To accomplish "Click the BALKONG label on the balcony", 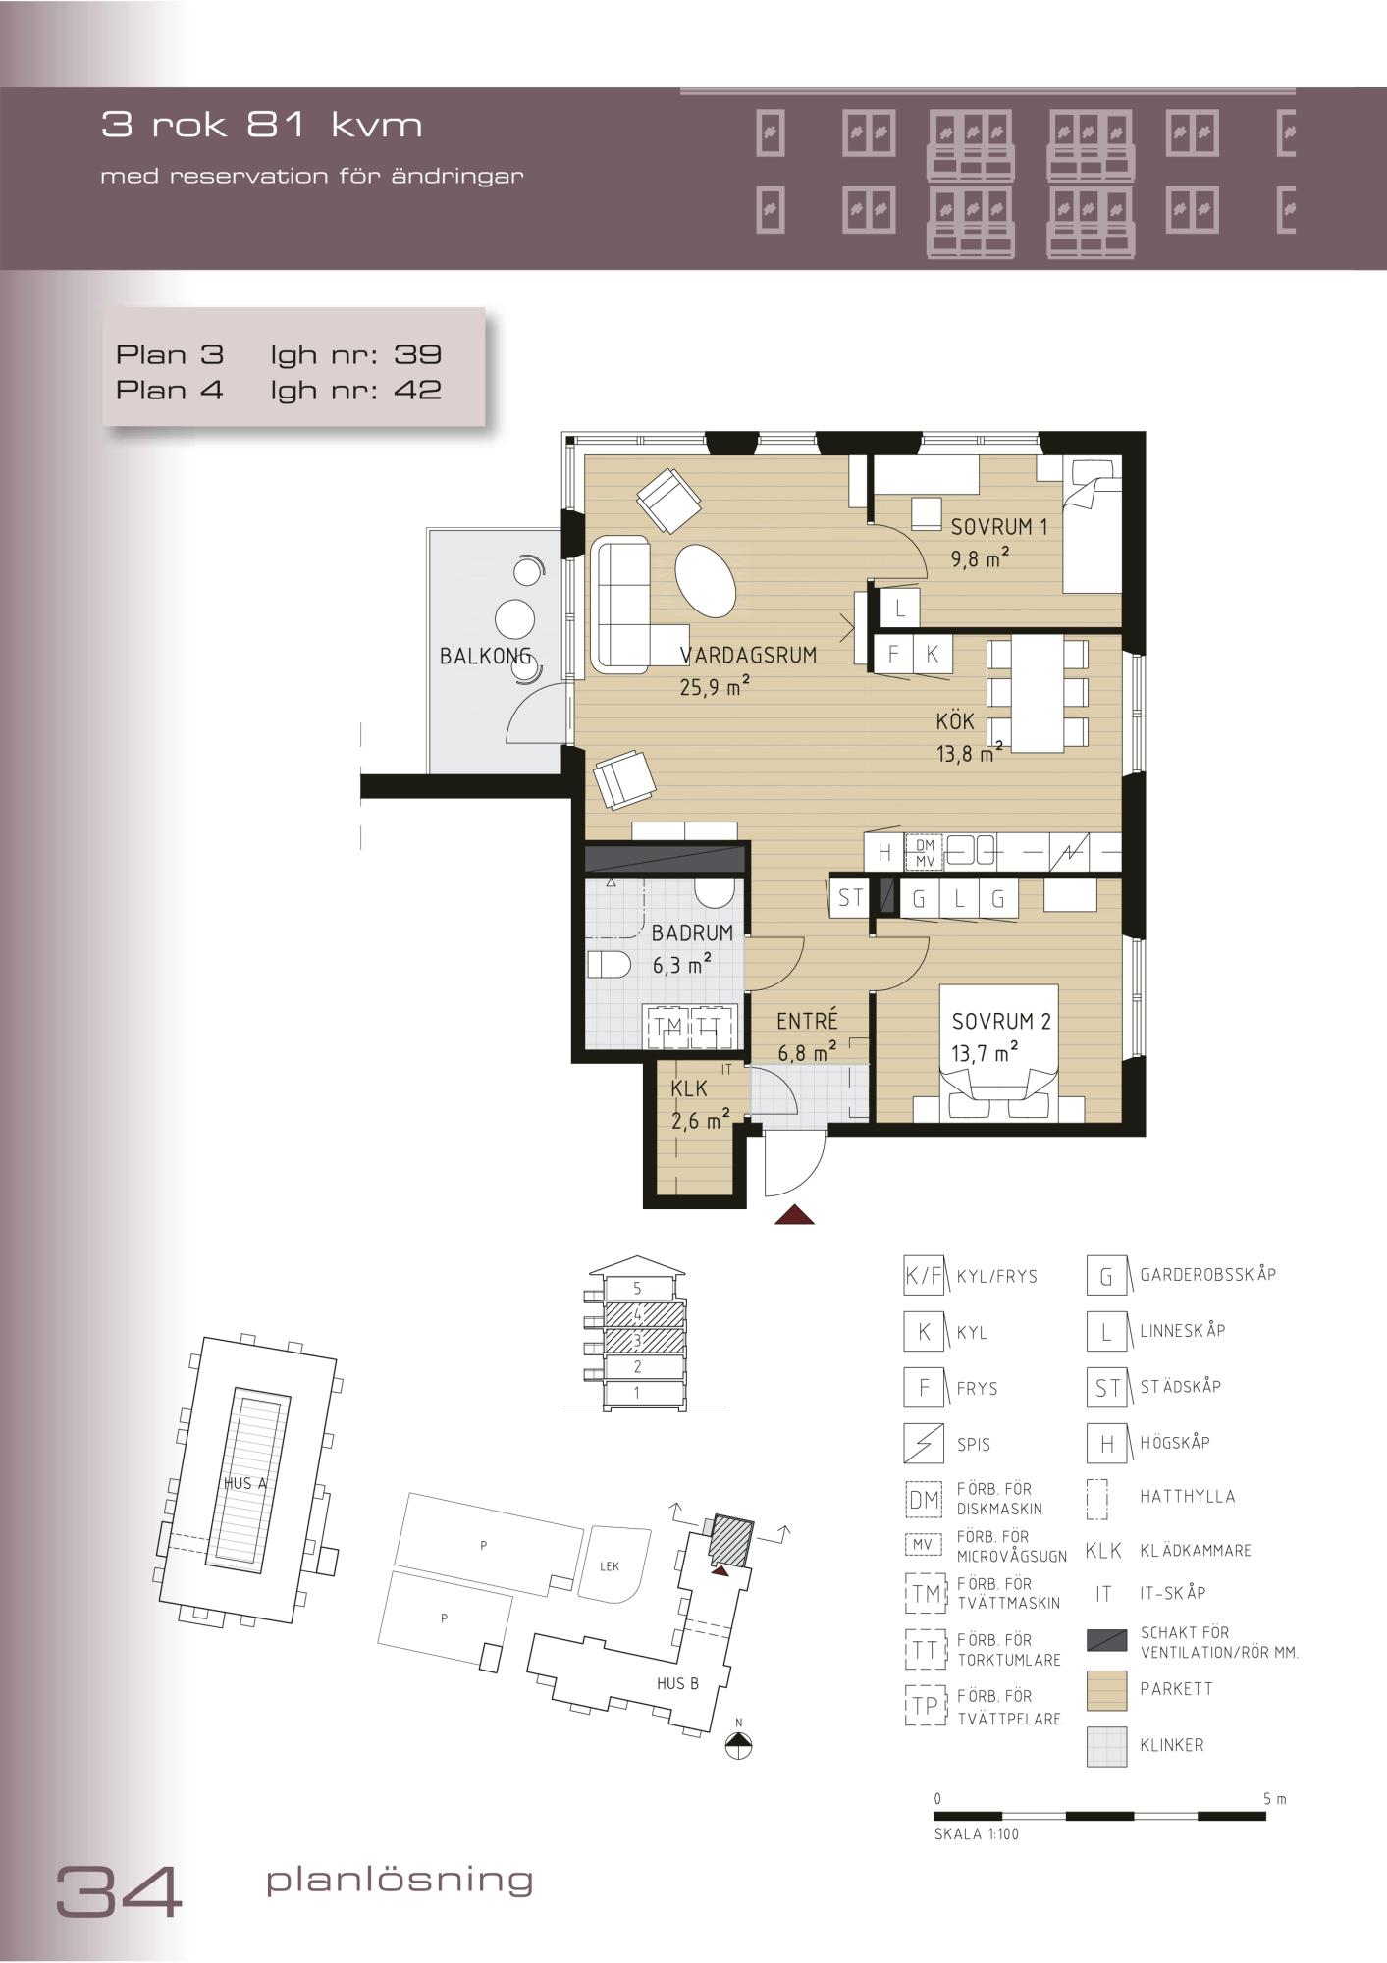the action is tap(485, 656).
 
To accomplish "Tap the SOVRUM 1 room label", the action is tap(999, 526).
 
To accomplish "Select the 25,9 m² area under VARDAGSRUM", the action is tap(715, 685).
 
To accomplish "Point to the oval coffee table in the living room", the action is tap(706, 580).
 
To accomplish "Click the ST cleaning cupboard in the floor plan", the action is tap(850, 897).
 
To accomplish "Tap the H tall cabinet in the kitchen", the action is tap(884, 852).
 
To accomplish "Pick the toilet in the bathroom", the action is tap(609, 965).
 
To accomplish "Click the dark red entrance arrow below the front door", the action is tap(795, 1215).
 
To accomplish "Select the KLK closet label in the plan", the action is tap(689, 1088).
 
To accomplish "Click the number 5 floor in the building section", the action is tap(637, 1289).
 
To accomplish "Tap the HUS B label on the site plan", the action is tap(677, 1683).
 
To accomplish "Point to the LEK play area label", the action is tap(610, 1566).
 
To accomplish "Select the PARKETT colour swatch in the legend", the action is tap(1106, 1690).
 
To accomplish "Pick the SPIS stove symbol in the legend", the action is tap(924, 1444).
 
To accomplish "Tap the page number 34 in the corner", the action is tap(119, 1891).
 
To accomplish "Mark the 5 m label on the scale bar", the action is tap(1274, 1799).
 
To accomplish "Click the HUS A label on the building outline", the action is tap(245, 1483).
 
